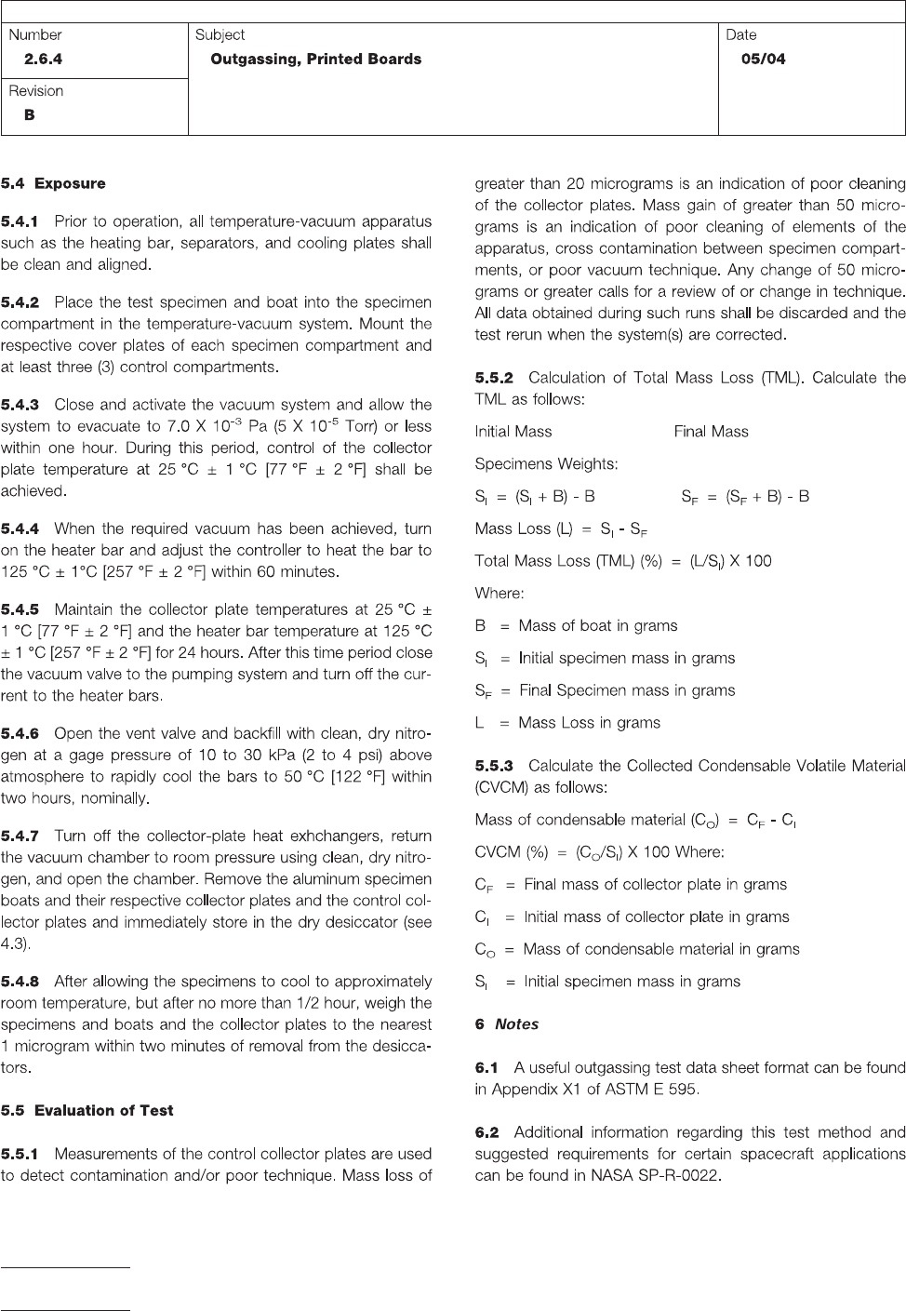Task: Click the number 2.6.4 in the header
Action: pyautogui.click(x=44, y=60)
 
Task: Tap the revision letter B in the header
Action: pyautogui.click(x=30, y=115)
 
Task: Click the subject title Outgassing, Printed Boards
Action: pyautogui.click(x=316, y=60)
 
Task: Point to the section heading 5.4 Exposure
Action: pyautogui.click(x=53, y=183)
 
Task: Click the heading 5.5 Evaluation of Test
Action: pyautogui.click(x=87, y=1110)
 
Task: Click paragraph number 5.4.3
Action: pyautogui.click(x=20, y=405)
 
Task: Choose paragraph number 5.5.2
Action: pyautogui.click(x=494, y=378)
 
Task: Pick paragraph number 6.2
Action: pyautogui.click(x=486, y=1132)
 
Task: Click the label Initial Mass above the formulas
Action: pyautogui.click(x=513, y=432)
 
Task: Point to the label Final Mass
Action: pyautogui.click(x=711, y=432)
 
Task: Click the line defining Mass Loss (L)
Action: pyautogui.click(x=561, y=529)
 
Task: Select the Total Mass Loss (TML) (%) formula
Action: pyautogui.click(x=622, y=561)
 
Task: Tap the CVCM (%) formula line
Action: pyautogui.click(x=599, y=852)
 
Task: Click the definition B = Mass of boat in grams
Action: pyautogui.click(x=576, y=626)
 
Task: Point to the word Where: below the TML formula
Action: pyautogui.click(x=500, y=594)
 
